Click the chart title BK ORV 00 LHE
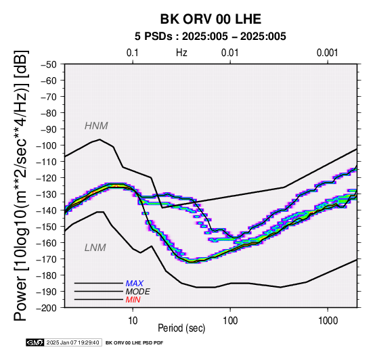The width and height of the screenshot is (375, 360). click(x=211, y=19)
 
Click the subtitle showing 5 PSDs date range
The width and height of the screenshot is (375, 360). click(x=211, y=37)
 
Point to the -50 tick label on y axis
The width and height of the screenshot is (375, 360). click(x=49, y=64)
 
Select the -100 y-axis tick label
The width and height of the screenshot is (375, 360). click(x=47, y=145)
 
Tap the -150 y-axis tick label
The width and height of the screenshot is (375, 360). click(x=47, y=227)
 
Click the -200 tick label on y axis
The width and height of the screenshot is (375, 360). click(x=47, y=308)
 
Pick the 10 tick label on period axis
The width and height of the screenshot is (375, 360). click(x=133, y=321)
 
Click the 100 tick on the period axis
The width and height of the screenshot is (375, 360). click(x=230, y=321)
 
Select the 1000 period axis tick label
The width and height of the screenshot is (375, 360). click(x=328, y=321)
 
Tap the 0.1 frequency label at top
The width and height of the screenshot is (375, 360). click(x=133, y=53)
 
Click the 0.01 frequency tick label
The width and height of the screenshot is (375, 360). click(x=230, y=53)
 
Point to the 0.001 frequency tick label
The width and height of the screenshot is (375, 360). click(x=328, y=53)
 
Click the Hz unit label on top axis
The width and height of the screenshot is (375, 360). click(x=181, y=53)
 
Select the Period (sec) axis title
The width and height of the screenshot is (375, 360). click(x=181, y=328)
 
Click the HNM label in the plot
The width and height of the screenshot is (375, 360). click(x=96, y=126)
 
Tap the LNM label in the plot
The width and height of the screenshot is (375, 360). click(x=95, y=248)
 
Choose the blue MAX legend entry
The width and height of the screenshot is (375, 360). click(x=135, y=284)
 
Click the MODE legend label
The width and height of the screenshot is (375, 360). click(x=138, y=292)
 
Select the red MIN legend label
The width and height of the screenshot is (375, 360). click(x=133, y=300)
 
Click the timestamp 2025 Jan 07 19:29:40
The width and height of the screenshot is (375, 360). click(x=72, y=342)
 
